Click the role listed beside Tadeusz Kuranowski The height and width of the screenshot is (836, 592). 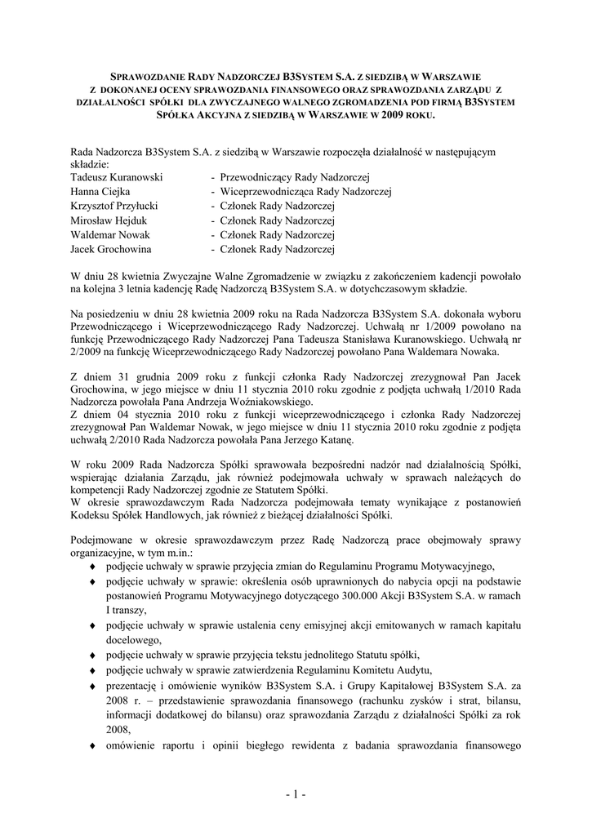[x=295, y=176]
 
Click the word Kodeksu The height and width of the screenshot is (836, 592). [x=91, y=516]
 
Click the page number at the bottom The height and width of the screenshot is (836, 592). [x=296, y=794]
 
